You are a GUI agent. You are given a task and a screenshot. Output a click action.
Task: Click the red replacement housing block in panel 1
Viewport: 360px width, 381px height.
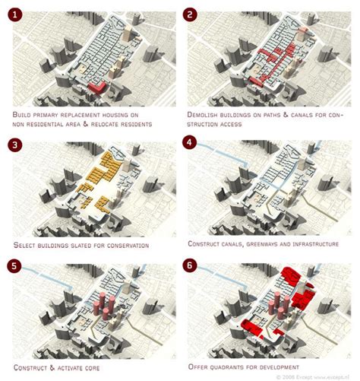click(x=96, y=88)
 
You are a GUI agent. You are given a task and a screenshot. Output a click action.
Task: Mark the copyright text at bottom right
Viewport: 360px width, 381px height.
click(x=320, y=376)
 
